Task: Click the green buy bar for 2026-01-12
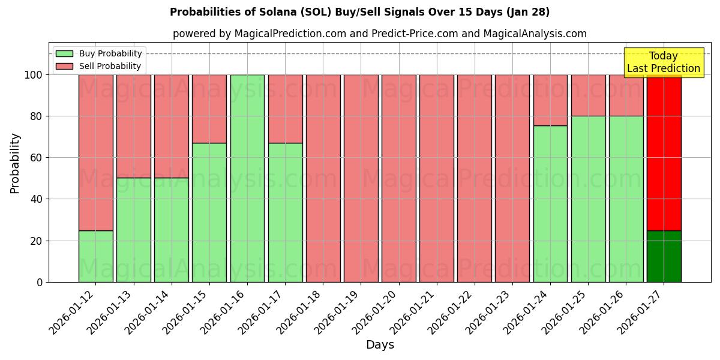(95, 256)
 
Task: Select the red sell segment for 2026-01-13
(133, 126)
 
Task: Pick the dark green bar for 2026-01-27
(664, 256)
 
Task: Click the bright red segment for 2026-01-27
(664, 152)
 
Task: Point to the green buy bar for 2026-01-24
(550, 204)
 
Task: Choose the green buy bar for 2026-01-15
(209, 212)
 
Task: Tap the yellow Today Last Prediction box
(664, 62)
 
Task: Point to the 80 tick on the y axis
(37, 116)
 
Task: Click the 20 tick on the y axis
(37, 241)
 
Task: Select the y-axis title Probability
(15, 163)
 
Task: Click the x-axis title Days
(380, 345)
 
